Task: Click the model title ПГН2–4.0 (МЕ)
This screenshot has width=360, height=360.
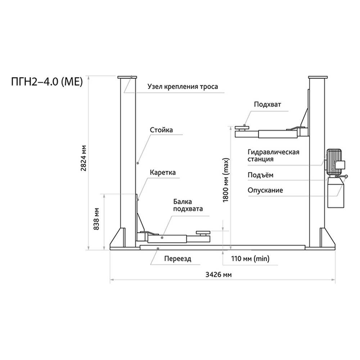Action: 48,82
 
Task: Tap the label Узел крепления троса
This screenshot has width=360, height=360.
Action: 183,87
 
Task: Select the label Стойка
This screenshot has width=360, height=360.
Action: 161,130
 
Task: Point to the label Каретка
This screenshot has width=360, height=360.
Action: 163,173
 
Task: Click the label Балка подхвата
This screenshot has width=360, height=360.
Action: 188,205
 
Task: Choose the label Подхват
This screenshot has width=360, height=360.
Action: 267,104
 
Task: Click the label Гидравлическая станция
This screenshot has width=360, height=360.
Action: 273,156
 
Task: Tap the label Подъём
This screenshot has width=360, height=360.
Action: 260,176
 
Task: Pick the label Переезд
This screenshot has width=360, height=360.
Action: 177,258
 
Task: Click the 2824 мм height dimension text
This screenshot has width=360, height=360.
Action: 84,159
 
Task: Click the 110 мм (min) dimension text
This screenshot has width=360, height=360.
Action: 245,258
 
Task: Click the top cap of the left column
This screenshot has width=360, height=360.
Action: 127,78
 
